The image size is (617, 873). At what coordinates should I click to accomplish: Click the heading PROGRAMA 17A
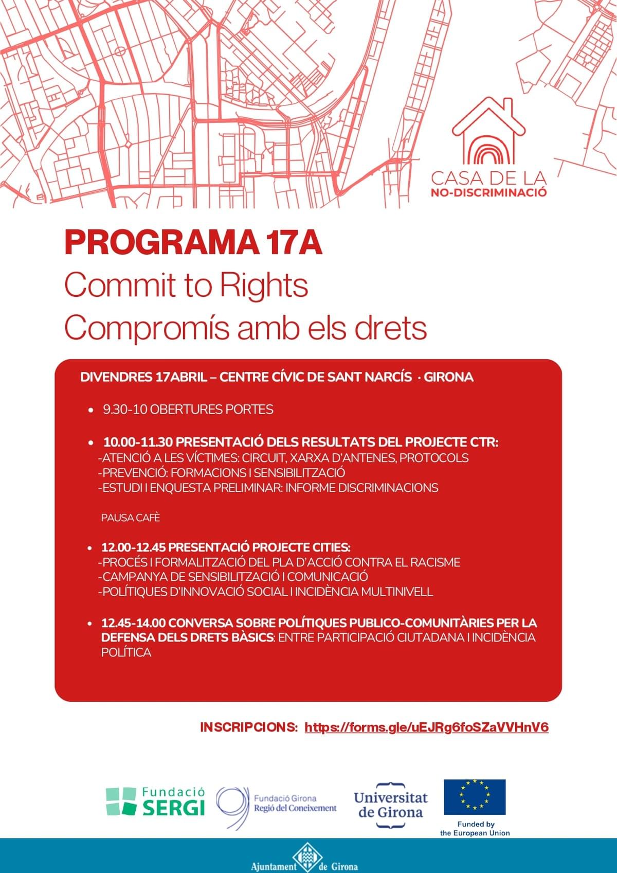[193, 243]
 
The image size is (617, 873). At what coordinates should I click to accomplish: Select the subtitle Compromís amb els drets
[245, 328]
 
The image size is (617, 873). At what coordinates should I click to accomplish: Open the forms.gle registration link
[426, 727]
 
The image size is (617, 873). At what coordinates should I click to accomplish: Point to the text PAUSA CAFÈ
[131, 518]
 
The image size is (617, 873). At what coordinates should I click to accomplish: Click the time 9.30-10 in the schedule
[118, 409]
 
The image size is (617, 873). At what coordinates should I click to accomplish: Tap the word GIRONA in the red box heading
[448, 377]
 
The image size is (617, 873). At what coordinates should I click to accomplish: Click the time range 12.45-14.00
[133, 623]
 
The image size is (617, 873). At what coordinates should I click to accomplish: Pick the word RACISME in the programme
[435, 562]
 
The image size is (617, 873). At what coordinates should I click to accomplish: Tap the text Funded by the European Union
[475, 828]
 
